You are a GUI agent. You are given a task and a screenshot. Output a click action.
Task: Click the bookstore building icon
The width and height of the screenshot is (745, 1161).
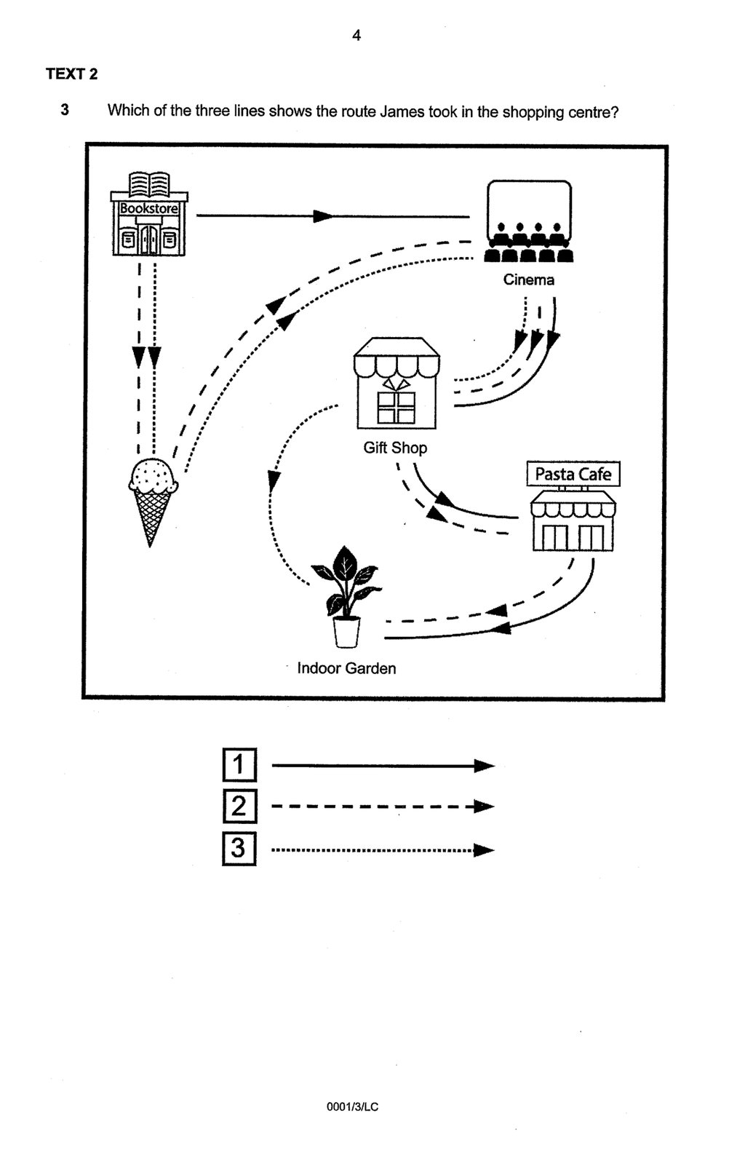(149, 215)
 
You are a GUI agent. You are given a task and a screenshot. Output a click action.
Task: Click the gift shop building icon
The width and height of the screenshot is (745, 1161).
(396, 384)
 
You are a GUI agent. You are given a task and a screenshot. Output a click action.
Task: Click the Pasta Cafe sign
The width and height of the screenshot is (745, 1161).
(573, 475)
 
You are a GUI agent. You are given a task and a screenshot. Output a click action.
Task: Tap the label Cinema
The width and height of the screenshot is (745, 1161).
(529, 280)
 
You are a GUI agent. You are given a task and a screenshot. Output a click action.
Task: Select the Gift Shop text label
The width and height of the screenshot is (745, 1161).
(395, 448)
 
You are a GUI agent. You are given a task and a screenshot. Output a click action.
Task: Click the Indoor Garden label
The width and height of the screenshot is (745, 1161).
(346, 668)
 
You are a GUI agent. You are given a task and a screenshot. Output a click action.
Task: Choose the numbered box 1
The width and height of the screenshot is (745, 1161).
(239, 765)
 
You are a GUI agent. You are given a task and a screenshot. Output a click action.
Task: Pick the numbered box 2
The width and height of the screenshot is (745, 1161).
(239, 807)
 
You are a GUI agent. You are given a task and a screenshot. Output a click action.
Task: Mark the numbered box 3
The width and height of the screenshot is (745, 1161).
(239, 849)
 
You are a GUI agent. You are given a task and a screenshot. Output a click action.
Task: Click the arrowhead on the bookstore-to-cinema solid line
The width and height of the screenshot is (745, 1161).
(323, 216)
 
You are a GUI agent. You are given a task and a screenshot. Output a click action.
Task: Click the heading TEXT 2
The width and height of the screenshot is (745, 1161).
(71, 74)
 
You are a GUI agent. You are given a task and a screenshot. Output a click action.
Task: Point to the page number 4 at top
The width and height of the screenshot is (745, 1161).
(356, 35)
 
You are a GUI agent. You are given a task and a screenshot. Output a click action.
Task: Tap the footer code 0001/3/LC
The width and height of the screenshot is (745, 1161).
(353, 1107)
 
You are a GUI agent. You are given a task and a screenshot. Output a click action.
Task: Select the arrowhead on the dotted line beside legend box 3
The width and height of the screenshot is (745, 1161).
(484, 850)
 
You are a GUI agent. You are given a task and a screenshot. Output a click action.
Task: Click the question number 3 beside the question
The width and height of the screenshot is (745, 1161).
(65, 111)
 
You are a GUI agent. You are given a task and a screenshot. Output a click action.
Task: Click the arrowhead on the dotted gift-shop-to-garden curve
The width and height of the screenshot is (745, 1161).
(274, 480)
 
